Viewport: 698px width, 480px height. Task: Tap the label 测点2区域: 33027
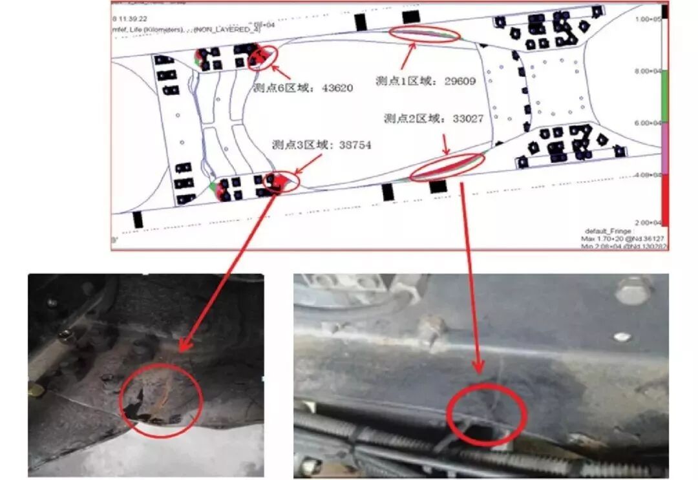[x=433, y=118]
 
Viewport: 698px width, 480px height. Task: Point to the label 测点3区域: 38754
[x=321, y=145]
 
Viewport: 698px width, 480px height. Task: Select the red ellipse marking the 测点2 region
[x=448, y=166]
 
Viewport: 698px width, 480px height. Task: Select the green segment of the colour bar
[x=664, y=97]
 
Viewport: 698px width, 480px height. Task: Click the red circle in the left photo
[x=161, y=400]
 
